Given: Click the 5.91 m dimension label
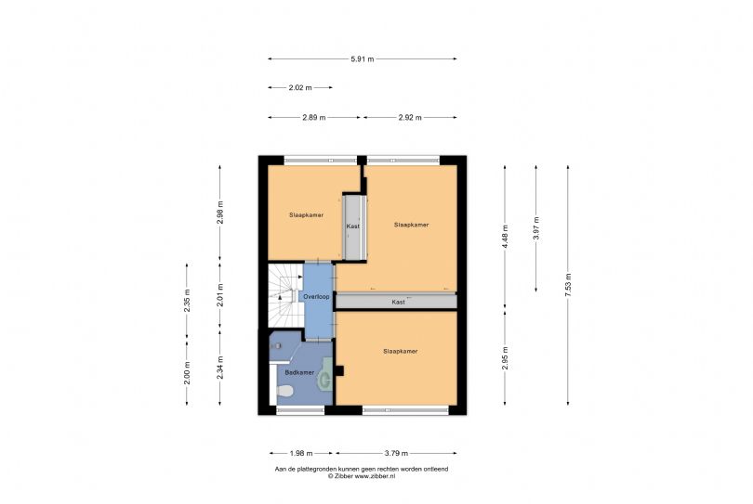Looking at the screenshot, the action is click(363, 59).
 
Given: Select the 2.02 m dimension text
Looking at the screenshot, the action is click(300, 88).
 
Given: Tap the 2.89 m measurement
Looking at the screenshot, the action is click(314, 118).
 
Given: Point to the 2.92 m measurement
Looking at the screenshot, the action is click(410, 118).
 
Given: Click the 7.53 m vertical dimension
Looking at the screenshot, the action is click(568, 285).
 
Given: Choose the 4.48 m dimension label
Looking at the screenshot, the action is click(505, 237).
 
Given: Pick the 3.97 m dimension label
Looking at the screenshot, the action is click(536, 228).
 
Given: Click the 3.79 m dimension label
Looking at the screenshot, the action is click(396, 453).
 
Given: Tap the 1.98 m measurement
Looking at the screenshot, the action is click(301, 453).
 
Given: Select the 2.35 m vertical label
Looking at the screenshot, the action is click(187, 301).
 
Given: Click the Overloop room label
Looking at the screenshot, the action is click(316, 297).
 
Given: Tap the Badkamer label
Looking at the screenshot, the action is click(299, 372).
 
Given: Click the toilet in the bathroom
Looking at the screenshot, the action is click(285, 391).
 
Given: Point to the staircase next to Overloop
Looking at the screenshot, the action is click(285, 295).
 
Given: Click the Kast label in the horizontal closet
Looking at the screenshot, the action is click(398, 302).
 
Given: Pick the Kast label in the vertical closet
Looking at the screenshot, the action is click(353, 226).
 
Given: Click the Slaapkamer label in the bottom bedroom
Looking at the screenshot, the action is click(401, 352).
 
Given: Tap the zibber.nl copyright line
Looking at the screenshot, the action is click(362, 476).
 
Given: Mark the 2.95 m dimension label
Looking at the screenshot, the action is click(505, 358).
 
